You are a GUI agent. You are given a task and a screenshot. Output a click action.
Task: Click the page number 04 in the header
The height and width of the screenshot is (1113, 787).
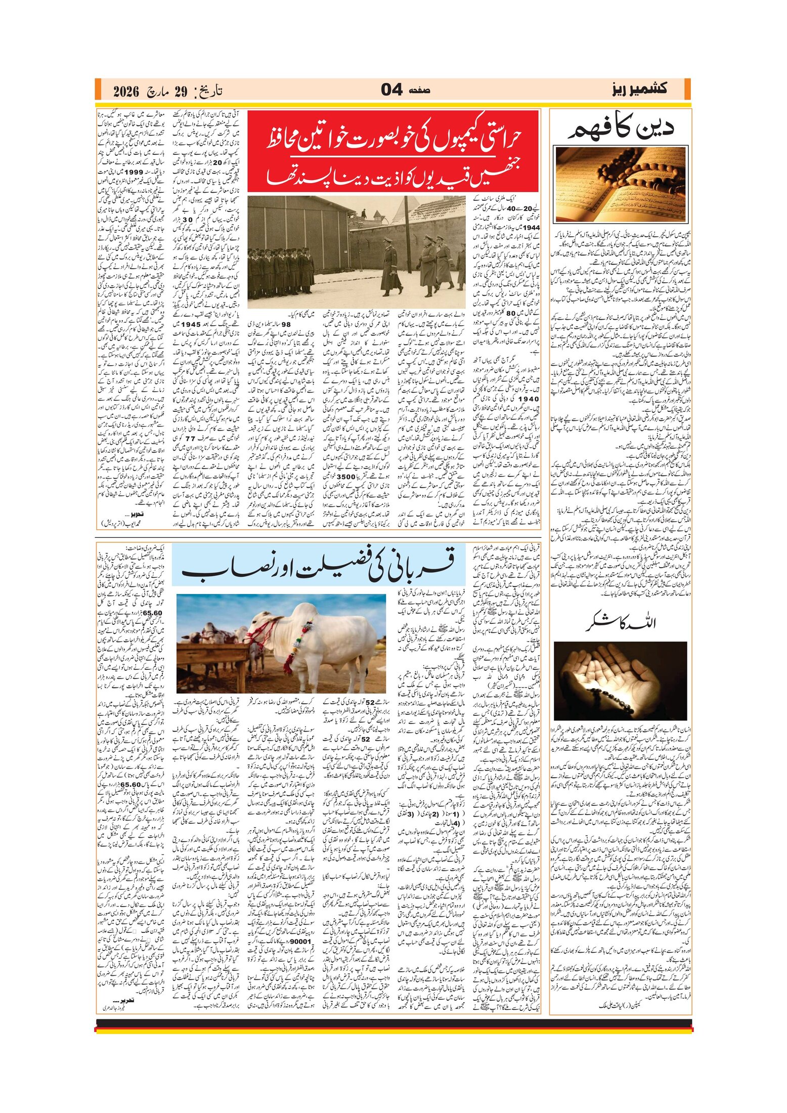pyautogui.click(x=391, y=90)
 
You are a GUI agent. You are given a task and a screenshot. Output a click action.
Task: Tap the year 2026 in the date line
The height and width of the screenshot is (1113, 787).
pyautogui.click(x=126, y=92)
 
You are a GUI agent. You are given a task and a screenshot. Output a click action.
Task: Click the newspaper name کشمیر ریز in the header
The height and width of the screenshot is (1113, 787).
pyautogui.click(x=639, y=89)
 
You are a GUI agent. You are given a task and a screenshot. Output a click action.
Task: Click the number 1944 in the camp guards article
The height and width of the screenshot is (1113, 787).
pyautogui.click(x=531, y=228)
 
